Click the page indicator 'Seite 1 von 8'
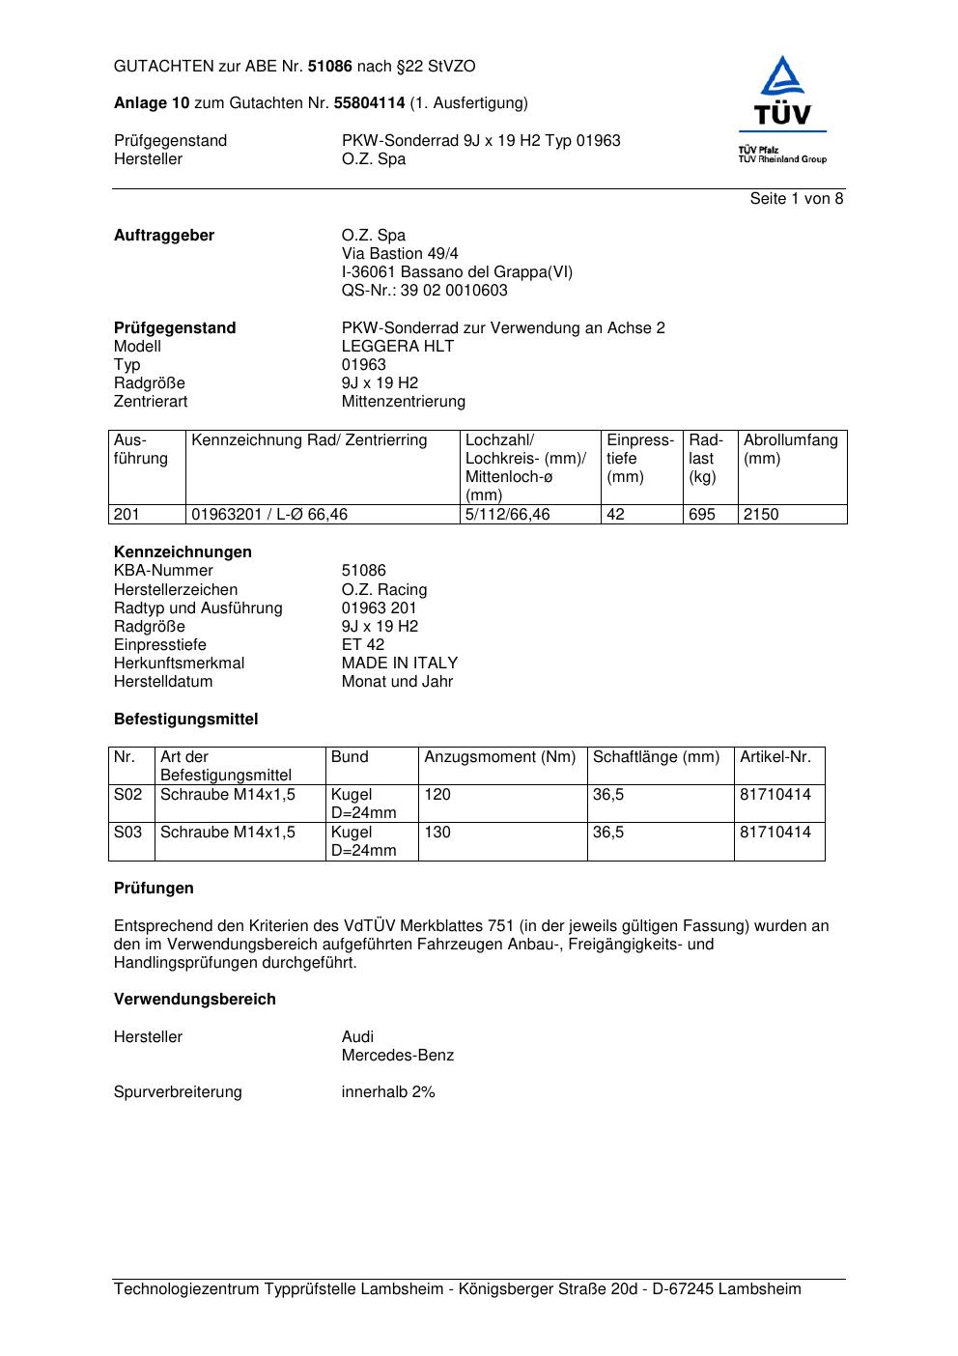tap(796, 199)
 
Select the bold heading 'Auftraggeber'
tap(164, 236)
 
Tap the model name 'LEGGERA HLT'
tap(397, 347)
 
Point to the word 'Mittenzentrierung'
tap(403, 402)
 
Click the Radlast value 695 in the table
tap(702, 515)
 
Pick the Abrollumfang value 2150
tap(761, 515)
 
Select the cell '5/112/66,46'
tap(507, 515)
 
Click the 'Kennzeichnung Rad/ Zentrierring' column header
tap(309, 441)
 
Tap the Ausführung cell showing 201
tap(127, 515)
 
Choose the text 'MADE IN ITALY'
tap(399, 664)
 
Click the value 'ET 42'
tap(362, 645)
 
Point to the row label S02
tap(127, 795)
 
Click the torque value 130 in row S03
tap(437, 833)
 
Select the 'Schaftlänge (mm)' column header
tap(657, 757)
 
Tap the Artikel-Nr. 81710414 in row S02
tap(775, 795)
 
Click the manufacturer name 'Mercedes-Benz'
tap(397, 1056)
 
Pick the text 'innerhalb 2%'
tap(387, 1092)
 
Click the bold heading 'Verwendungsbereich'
tap(195, 1000)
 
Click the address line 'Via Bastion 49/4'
tap(400, 254)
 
